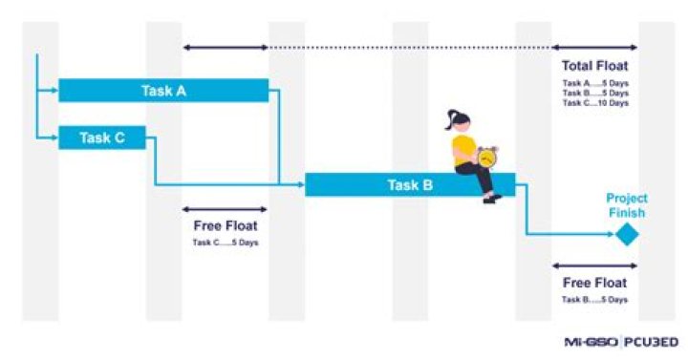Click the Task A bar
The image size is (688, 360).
point(163,91)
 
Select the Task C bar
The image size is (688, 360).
point(102,138)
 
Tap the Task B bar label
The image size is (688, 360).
point(410,185)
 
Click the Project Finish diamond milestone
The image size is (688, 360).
point(626,234)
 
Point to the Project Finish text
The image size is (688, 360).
point(626,205)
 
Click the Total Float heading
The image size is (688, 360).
point(595,66)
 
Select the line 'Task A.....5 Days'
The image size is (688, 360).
point(595,84)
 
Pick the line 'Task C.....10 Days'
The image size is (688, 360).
point(595,103)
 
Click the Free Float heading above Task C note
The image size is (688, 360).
point(225,226)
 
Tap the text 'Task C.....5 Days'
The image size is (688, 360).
point(225,243)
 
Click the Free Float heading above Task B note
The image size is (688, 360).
point(594,283)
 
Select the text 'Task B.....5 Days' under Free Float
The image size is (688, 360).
point(594,300)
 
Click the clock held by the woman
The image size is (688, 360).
point(487,158)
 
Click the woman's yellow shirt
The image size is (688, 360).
point(465,148)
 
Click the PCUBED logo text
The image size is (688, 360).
point(653,341)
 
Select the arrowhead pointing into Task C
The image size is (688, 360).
point(54,138)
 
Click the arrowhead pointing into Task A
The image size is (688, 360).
point(54,91)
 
